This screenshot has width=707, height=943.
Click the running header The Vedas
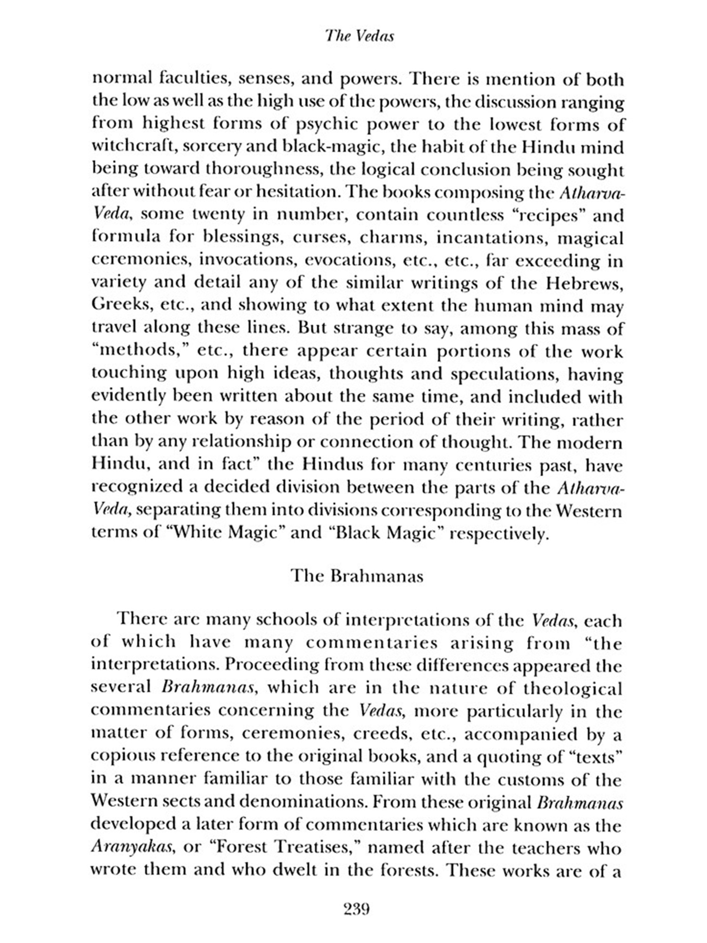(359, 36)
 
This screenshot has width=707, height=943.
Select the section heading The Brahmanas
(357, 576)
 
